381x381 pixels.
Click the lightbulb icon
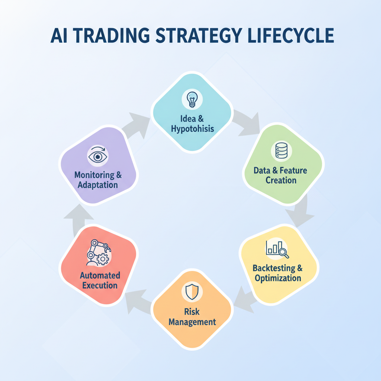tap(192, 99)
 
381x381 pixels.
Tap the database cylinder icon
tap(281, 151)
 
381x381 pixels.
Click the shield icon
tap(192, 292)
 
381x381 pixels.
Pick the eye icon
tap(98, 156)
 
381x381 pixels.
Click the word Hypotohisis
tap(192, 129)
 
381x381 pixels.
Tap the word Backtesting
tap(274, 268)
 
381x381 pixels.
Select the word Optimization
tap(278, 278)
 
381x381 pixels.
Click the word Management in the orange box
tap(192, 322)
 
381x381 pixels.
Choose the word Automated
tap(100, 275)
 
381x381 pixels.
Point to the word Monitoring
tap(94, 175)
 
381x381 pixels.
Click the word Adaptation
tap(98, 185)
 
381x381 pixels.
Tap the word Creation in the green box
tap(281, 180)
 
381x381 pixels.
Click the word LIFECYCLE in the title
tap(291, 35)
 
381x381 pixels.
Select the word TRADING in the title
tap(111, 35)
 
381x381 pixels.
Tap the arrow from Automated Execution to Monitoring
tap(78, 220)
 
